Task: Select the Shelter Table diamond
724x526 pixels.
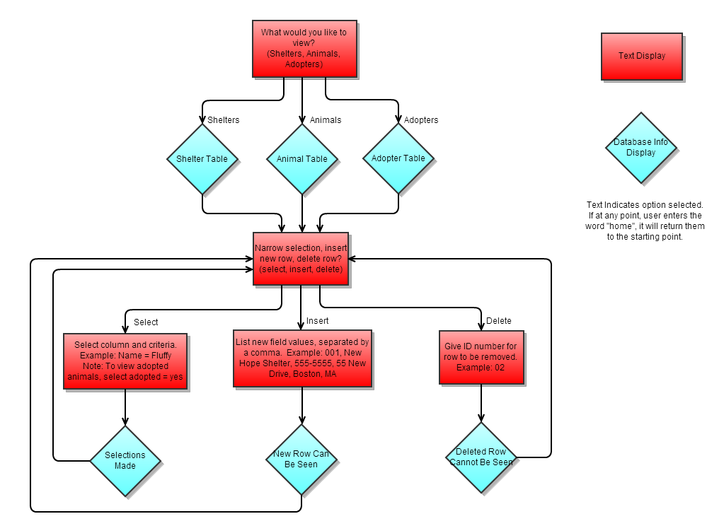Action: (x=202, y=159)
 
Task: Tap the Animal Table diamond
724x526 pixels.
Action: (x=302, y=159)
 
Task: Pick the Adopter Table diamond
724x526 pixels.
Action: (x=398, y=158)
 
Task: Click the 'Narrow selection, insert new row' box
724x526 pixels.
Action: (x=301, y=259)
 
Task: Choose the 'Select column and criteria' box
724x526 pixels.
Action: (x=125, y=361)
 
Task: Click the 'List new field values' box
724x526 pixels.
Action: (x=302, y=358)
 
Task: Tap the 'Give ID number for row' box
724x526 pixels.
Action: (x=481, y=357)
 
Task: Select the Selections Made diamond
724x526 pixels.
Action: (x=125, y=460)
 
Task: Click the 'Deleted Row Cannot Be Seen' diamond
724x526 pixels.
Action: (x=481, y=457)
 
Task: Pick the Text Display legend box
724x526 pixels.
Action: (x=642, y=56)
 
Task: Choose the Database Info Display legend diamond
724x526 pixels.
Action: (x=641, y=147)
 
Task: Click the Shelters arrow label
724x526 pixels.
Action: (x=223, y=120)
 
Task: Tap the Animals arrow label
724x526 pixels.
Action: (x=326, y=120)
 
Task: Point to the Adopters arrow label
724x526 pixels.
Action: (x=421, y=120)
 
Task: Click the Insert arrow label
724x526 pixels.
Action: (x=318, y=321)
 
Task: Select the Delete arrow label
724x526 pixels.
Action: (x=498, y=321)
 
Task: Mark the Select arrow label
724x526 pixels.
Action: (x=146, y=322)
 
